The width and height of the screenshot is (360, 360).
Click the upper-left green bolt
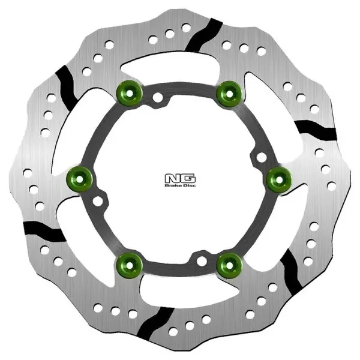(x=127, y=92)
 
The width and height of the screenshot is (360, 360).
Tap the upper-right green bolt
(x=226, y=91)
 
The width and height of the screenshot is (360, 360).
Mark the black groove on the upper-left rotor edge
(x=65, y=85)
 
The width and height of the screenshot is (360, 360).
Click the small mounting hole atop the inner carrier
(x=157, y=97)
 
